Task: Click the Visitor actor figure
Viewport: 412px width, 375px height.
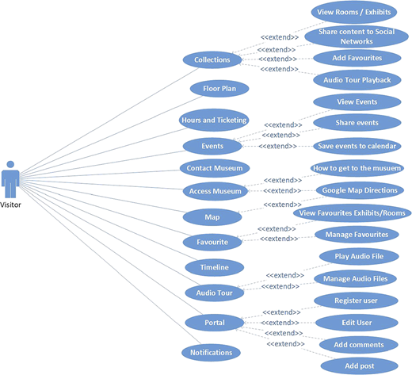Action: coord(10,179)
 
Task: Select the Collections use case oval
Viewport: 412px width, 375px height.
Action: coord(212,59)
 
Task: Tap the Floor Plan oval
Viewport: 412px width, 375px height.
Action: coord(219,89)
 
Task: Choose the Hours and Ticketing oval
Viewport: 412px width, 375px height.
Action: coord(214,120)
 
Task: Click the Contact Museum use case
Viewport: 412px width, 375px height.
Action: coord(215,168)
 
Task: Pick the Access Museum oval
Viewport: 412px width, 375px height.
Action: coord(215,191)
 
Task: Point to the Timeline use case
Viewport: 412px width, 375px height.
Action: coord(214,267)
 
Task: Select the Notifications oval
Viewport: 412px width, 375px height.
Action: coord(211,353)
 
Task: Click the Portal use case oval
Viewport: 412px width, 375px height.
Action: coord(215,323)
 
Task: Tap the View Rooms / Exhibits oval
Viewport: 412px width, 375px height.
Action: coord(354,12)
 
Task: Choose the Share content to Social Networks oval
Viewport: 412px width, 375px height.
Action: coord(357,36)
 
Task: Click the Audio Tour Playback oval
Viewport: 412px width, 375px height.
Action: coord(357,80)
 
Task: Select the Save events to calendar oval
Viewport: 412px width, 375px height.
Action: coord(357,146)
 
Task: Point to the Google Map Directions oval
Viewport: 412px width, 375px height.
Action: coord(360,190)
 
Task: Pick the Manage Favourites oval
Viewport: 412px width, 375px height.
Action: coord(357,235)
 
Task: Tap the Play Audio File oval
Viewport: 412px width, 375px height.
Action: coord(359,256)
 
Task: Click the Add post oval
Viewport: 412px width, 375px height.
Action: coord(360,366)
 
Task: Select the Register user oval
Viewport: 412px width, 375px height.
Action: coord(356,300)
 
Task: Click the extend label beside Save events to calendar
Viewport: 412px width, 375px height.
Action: coord(277,146)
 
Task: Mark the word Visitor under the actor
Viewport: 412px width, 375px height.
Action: coord(10,205)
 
